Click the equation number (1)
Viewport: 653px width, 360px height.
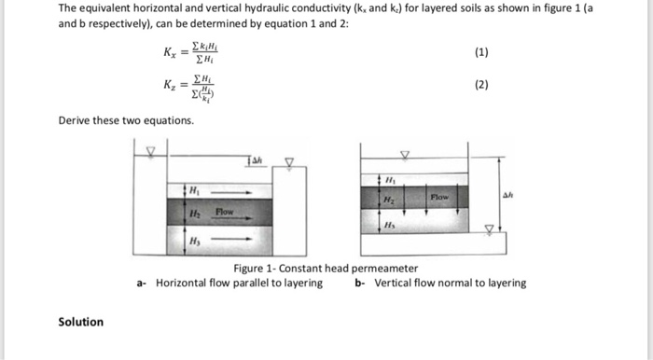pyautogui.click(x=481, y=53)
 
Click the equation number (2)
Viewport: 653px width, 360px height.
pyautogui.click(x=481, y=84)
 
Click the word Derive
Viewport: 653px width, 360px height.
pyautogui.click(x=76, y=120)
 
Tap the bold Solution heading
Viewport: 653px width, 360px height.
pyautogui.click(x=81, y=322)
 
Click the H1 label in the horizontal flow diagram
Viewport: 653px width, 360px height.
pyautogui.click(x=195, y=190)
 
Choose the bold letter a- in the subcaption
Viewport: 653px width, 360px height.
pyautogui.click(x=141, y=283)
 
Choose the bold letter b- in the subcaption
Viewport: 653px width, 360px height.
pyautogui.click(x=360, y=283)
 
